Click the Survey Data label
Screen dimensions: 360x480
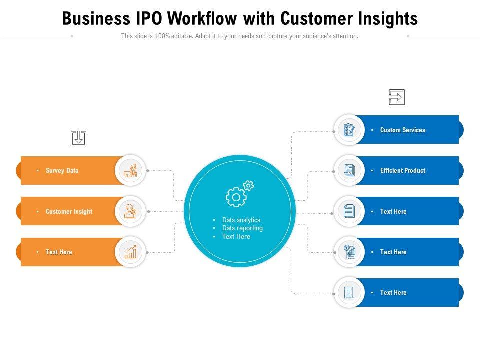click(x=62, y=171)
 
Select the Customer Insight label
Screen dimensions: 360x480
click(x=69, y=212)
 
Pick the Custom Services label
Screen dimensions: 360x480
click(x=402, y=130)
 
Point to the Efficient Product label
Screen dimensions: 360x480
click(x=402, y=171)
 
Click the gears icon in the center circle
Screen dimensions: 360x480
click(x=239, y=194)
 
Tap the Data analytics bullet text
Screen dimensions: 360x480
click(x=241, y=220)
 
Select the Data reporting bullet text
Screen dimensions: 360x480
click(x=242, y=228)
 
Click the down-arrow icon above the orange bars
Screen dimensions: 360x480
click(x=78, y=138)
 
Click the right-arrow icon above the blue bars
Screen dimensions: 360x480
click(x=396, y=97)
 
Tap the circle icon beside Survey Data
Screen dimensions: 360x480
click(x=130, y=171)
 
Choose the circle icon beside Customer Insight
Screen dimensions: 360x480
click(x=130, y=212)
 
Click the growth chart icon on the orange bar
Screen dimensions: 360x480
click(x=130, y=252)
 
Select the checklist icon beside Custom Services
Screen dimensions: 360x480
click(x=349, y=130)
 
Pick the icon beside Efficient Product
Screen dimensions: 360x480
click(x=349, y=171)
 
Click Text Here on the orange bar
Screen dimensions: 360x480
click(x=59, y=252)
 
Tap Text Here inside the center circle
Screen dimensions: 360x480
click(x=236, y=237)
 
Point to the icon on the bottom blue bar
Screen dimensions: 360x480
click(x=349, y=293)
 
